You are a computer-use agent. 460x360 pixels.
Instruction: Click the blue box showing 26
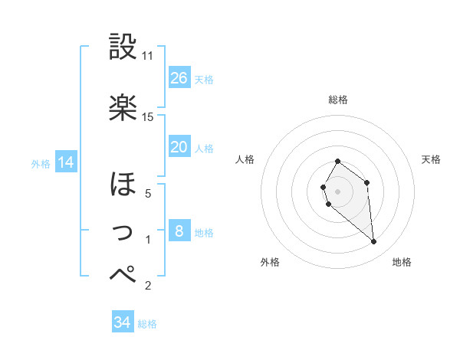[179, 78]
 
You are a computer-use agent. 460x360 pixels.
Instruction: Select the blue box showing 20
[179, 147]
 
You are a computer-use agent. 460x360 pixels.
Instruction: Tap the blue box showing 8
[179, 231]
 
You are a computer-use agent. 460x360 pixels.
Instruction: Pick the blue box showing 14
[66, 162]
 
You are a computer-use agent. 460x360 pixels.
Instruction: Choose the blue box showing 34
[123, 323]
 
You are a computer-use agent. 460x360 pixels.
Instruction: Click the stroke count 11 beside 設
[148, 56]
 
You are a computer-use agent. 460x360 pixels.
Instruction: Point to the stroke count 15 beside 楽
[148, 116]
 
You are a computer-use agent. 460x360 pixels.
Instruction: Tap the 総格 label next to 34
[147, 324]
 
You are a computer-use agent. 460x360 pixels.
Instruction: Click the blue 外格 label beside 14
[41, 163]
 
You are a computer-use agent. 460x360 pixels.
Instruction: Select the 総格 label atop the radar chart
[337, 100]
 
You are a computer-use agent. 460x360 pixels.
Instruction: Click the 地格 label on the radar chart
[402, 262]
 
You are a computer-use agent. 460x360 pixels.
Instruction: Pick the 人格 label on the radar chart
[245, 159]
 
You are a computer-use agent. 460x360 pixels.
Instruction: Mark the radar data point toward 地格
[374, 242]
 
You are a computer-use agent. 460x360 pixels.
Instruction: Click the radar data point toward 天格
[366, 182]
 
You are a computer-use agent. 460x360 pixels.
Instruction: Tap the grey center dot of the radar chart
[337, 190]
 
